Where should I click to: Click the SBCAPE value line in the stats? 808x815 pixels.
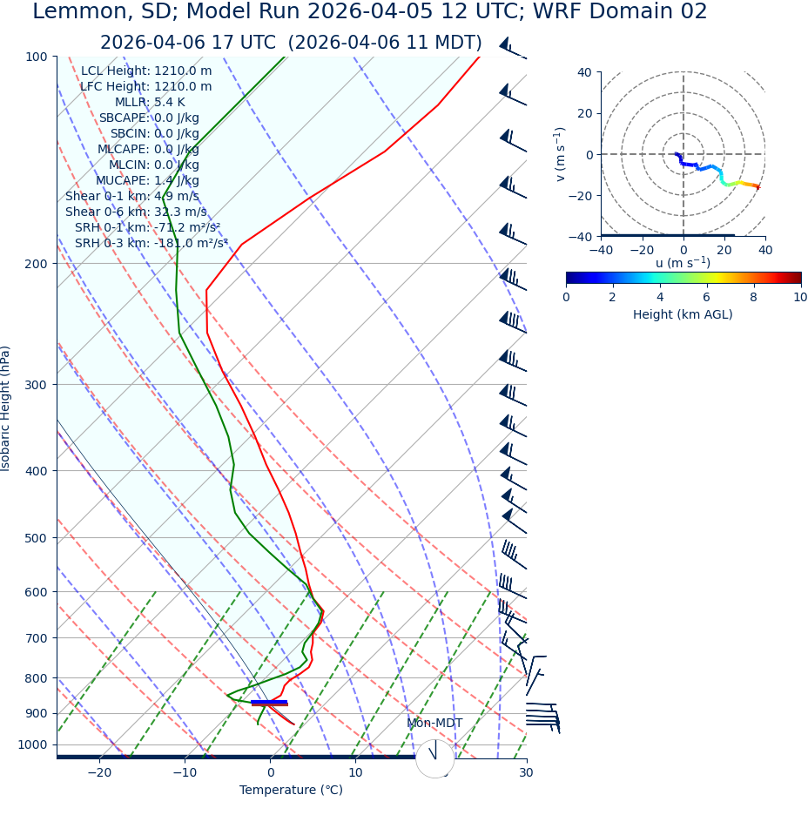pos(149,118)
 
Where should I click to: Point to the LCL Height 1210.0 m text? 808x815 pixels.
pos(146,71)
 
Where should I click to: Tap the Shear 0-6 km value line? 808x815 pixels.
pos(136,212)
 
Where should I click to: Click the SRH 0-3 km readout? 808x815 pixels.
pos(151,243)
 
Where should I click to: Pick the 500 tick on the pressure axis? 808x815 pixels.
pos(36,538)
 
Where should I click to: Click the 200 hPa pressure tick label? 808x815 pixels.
pos(36,263)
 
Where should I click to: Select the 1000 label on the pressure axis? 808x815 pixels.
pos(32,744)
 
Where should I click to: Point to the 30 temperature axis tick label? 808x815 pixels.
pos(526,772)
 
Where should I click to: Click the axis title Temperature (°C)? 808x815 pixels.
pos(291,790)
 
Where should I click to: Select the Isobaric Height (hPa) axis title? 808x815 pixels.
pos(6,408)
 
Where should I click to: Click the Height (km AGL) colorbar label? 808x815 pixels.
pos(683,314)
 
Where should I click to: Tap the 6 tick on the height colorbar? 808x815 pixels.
pos(707,297)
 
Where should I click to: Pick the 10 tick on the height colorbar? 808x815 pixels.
pos(800,297)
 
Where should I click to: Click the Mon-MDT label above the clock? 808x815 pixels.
pos(434,724)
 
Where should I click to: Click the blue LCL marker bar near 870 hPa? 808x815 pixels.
pos(269,701)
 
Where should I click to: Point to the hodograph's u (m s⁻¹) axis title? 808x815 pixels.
pos(683,263)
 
